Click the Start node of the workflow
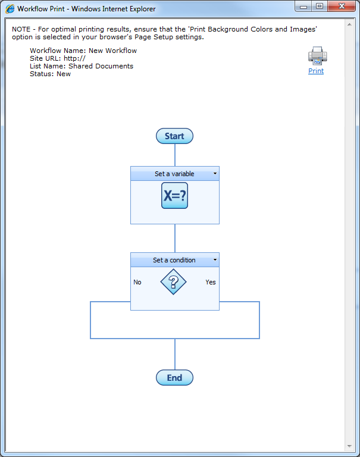[x=174, y=136]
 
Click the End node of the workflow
[x=174, y=378]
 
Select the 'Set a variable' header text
[x=174, y=174]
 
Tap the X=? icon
[x=174, y=196]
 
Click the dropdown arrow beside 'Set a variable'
[x=215, y=174]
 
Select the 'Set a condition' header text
[x=174, y=260]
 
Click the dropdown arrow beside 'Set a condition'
[x=215, y=260]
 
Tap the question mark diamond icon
[x=174, y=281]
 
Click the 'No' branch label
[x=137, y=282]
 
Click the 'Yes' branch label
[x=211, y=282]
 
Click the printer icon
[x=317, y=56]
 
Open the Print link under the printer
[x=316, y=71]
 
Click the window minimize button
[x=304, y=7]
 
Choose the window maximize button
[x=320, y=7]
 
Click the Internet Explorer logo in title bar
[x=10, y=9]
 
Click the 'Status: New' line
[x=50, y=74]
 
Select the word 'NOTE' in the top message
[x=22, y=29]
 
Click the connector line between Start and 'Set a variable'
[x=175, y=155]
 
